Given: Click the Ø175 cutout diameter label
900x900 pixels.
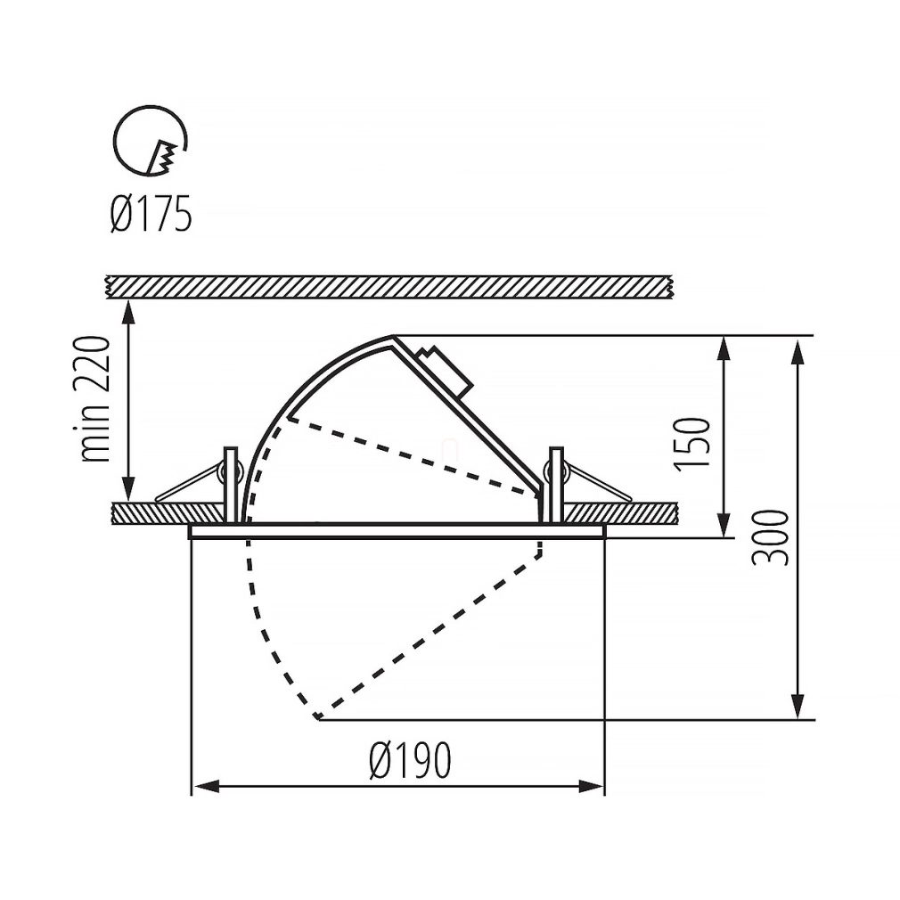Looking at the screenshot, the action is click(151, 214).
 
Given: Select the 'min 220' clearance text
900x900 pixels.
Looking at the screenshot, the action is click(93, 399).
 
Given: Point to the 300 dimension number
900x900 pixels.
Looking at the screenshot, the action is click(770, 537).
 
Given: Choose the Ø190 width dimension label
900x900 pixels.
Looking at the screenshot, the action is click(411, 759).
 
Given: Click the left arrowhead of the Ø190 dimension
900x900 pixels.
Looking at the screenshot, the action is click(206, 786).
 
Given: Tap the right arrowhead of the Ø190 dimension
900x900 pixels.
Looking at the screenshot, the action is click(590, 786).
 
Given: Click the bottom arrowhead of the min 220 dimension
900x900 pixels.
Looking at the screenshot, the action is click(128, 488).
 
